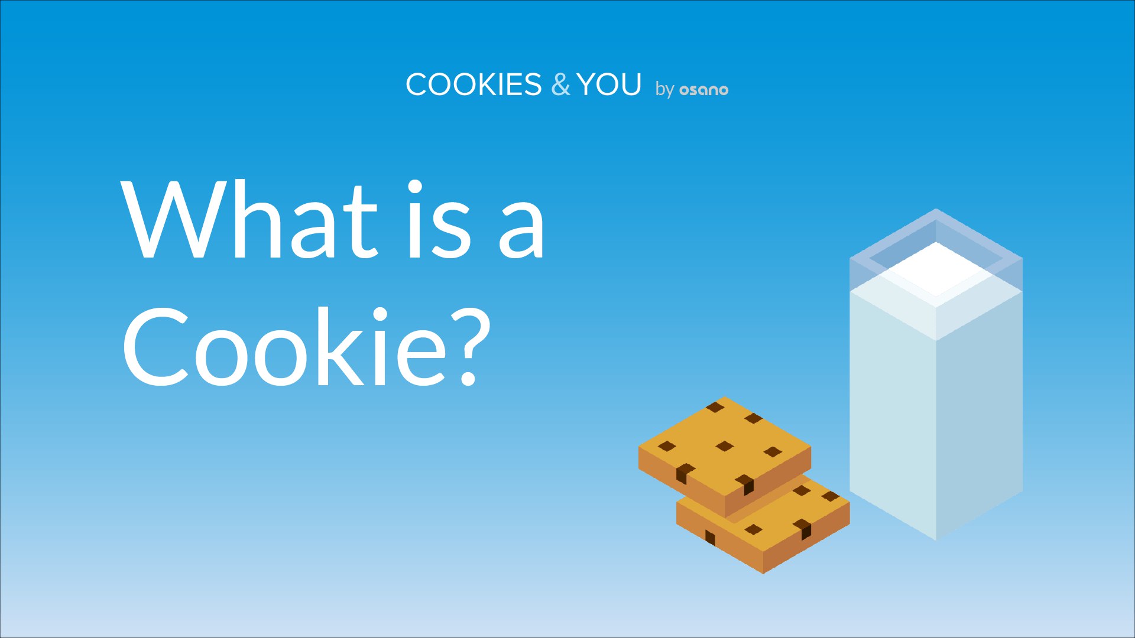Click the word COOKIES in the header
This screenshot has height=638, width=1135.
click(474, 84)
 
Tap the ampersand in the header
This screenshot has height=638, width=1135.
click(560, 84)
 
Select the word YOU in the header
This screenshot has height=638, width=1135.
click(609, 84)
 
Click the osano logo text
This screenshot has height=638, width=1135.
click(703, 90)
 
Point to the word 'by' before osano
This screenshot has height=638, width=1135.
click(664, 89)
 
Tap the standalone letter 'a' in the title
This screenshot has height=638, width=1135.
click(521, 228)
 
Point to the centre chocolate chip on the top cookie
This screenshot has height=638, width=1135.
click(725, 446)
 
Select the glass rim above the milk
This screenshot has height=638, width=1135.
click(936, 236)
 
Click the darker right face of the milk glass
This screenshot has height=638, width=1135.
click(980, 414)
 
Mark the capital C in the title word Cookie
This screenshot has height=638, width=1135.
click(156, 347)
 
